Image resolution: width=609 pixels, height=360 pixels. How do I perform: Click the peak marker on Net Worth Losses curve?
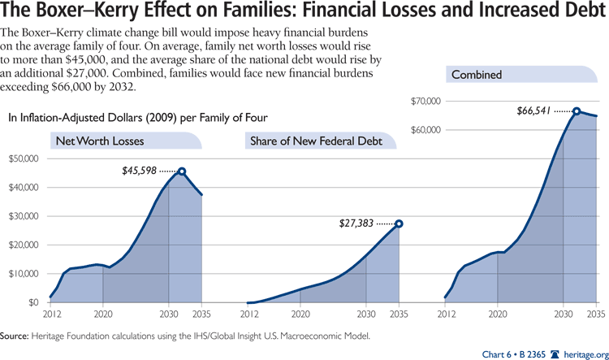182,171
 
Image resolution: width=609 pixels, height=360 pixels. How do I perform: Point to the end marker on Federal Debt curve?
399,223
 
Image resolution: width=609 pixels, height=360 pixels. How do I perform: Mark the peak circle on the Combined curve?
576,111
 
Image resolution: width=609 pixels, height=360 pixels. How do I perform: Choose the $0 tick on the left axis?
32,302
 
